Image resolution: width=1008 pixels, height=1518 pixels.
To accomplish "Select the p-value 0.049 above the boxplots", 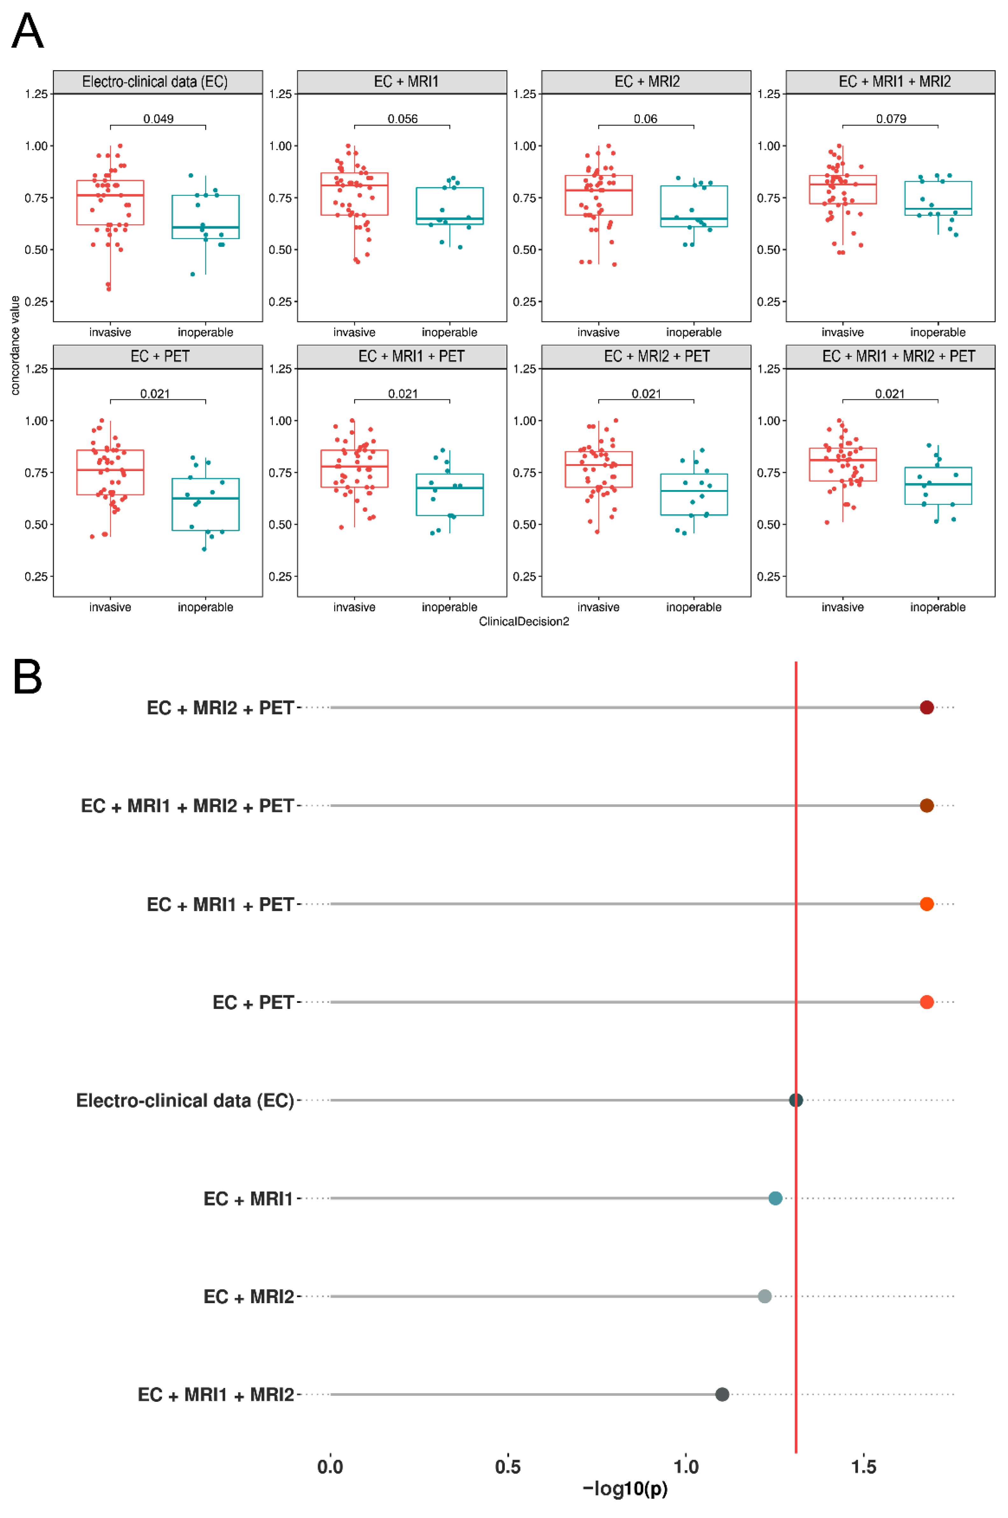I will coord(158,119).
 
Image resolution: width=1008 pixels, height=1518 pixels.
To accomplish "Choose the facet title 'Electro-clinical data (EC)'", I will coord(155,81).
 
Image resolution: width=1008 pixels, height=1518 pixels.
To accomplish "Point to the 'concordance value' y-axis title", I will coord(15,345).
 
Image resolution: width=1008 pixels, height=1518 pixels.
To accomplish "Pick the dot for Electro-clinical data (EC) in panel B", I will coord(796,1100).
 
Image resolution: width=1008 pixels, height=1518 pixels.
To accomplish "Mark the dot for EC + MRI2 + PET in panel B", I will coord(926,707).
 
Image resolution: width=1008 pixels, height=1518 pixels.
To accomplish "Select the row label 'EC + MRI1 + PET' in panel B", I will coord(220,904).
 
